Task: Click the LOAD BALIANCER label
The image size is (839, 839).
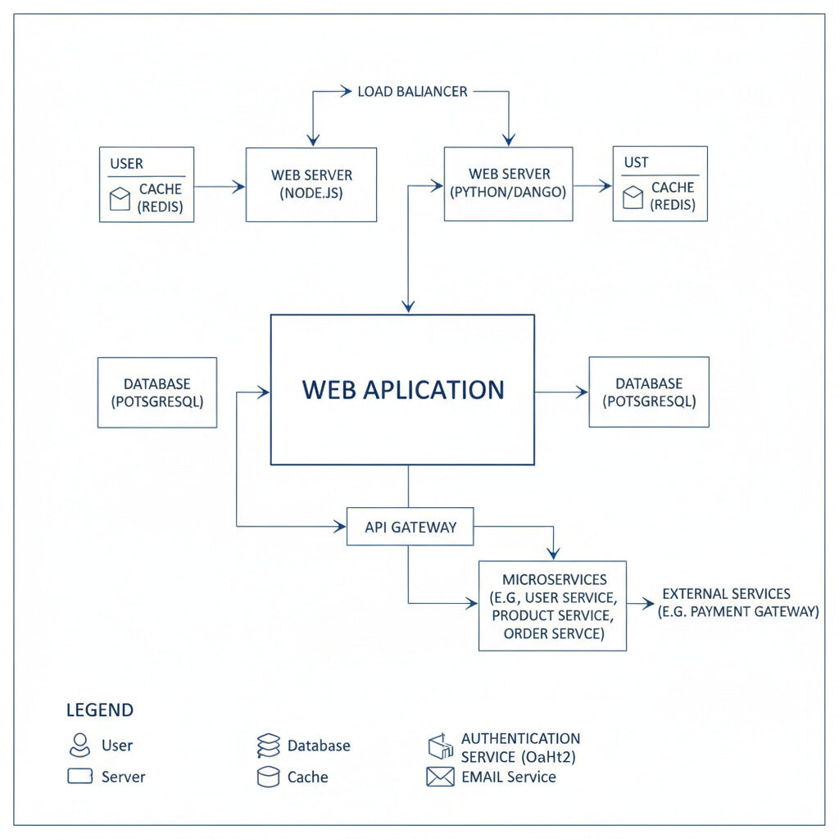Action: pyautogui.click(x=412, y=92)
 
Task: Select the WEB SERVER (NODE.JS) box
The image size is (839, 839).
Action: pyautogui.click(x=311, y=184)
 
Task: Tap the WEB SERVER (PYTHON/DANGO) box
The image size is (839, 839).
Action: pyautogui.click(x=508, y=184)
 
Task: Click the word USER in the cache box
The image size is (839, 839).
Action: pyautogui.click(x=126, y=164)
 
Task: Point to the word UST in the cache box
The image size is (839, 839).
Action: pyautogui.click(x=636, y=163)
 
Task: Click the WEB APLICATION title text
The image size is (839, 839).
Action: pyautogui.click(x=402, y=390)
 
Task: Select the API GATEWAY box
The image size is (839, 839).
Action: pyautogui.click(x=410, y=527)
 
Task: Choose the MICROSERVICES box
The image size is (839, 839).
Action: pyautogui.click(x=552, y=606)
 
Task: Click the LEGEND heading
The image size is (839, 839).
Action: pyautogui.click(x=100, y=710)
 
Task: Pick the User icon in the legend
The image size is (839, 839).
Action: pyautogui.click(x=79, y=745)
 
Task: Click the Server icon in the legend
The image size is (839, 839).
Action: pyautogui.click(x=79, y=776)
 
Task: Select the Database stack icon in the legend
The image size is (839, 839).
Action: pyautogui.click(x=269, y=746)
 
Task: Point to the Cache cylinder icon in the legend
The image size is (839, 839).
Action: pyautogui.click(x=269, y=777)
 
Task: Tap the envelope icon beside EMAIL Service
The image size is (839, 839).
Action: pyautogui.click(x=440, y=777)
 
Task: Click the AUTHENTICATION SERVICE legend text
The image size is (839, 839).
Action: pyautogui.click(x=520, y=747)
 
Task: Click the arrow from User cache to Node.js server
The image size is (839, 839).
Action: pyautogui.click(x=220, y=187)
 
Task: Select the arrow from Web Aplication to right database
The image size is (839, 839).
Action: pyautogui.click(x=562, y=392)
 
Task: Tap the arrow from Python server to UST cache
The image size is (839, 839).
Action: pyautogui.click(x=592, y=186)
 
